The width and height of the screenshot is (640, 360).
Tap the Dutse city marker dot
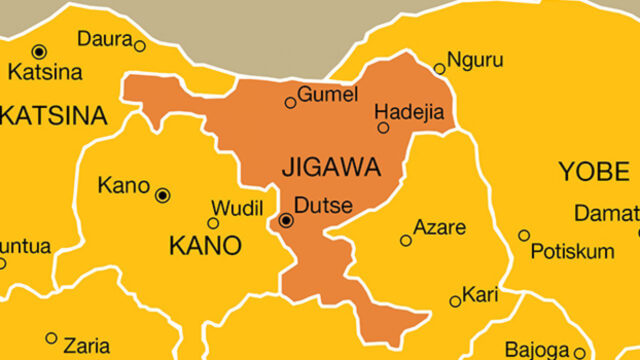pyautogui.click(x=286, y=220)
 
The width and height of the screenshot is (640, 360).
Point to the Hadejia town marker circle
pyautogui.click(x=383, y=127)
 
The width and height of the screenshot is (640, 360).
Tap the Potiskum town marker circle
pyautogui.click(x=524, y=235)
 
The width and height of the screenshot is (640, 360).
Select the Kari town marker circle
pyautogui.click(x=455, y=300)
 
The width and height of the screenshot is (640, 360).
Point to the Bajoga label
pyautogui.click(x=534, y=349)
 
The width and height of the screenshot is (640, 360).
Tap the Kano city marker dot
pyautogui.click(x=163, y=195)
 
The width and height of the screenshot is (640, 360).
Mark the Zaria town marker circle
pyautogui.click(x=51, y=338)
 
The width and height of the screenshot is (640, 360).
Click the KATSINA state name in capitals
pyautogui.click(x=55, y=116)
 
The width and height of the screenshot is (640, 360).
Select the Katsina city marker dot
pyautogui.click(x=39, y=51)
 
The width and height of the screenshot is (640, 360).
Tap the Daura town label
pyautogui.click(x=103, y=39)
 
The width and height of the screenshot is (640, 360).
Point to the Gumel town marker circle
pyautogui.click(x=291, y=102)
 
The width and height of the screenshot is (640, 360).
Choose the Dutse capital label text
pyautogui.click(x=324, y=206)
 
